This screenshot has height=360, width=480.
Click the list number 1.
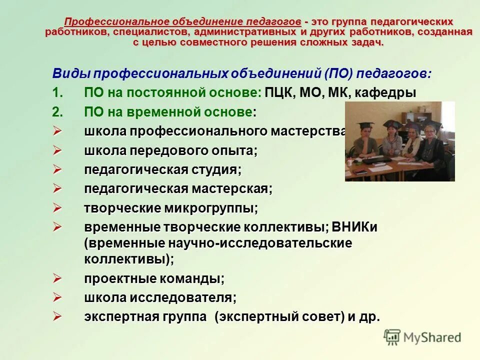(x=57, y=93)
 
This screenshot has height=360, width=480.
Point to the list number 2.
(x=57, y=112)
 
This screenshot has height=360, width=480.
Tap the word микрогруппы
(x=210, y=208)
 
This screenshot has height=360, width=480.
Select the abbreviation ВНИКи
(x=355, y=227)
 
